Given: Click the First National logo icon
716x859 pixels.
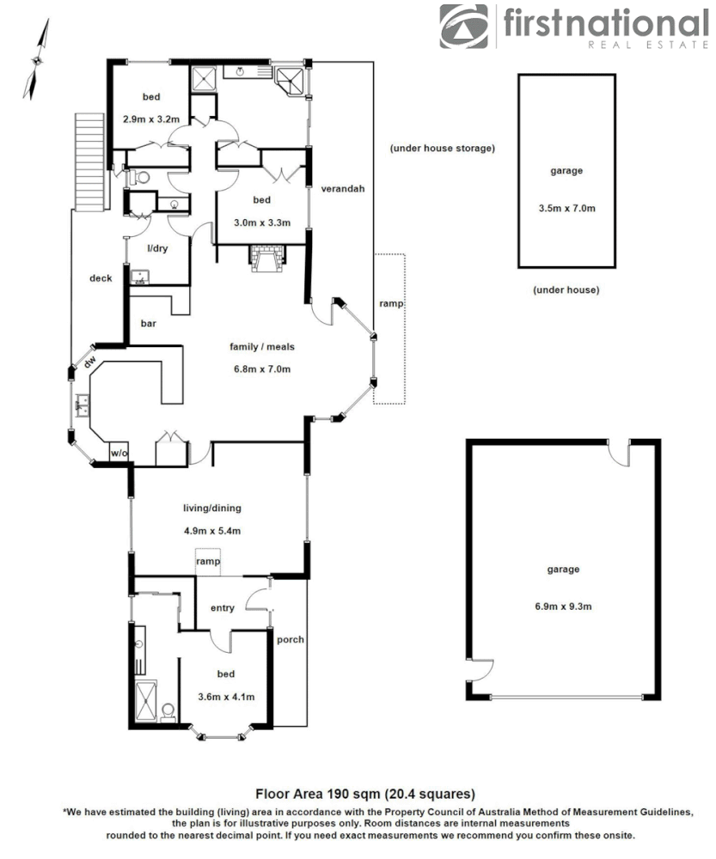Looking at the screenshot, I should [x=464, y=27].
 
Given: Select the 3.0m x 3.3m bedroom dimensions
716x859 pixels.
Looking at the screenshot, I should [x=262, y=222].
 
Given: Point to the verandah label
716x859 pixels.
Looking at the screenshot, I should [x=343, y=189].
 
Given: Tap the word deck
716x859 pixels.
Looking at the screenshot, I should [x=101, y=277].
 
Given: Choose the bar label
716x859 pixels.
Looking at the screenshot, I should [x=148, y=324].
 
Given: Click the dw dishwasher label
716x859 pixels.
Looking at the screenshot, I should [x=89, y=363].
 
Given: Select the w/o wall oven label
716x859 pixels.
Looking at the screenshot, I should [x=118, y=452].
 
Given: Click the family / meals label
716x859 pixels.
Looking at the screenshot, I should [x=262, y=347].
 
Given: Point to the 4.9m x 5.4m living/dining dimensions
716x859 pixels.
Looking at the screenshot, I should [x=212, y=530].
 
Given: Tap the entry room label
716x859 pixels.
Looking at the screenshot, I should [x=222, y=608].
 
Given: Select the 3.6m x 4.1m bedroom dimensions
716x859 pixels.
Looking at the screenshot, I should [x=226, y=697].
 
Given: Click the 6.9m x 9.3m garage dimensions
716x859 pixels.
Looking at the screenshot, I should [x=564, y=606].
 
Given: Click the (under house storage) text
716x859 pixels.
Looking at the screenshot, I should [x=442, y=149].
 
